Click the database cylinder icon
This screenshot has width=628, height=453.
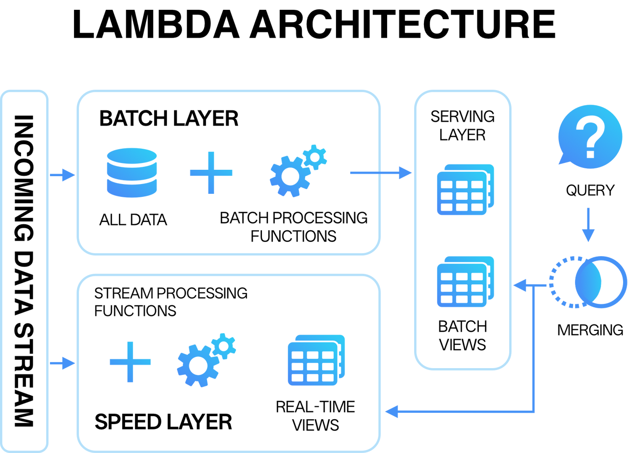coord(132,173)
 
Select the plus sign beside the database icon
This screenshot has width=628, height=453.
coord(211,173)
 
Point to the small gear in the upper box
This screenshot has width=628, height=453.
coord(315,157)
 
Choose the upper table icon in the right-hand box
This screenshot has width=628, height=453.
coord(464,190)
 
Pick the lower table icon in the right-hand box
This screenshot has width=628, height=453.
coord(464,282)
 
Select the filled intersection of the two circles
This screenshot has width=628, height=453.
coord(588,282)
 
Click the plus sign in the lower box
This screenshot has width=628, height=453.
coord(130,362)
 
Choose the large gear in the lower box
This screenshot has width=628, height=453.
coord(197,366)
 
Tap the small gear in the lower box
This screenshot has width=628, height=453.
coord(224,346)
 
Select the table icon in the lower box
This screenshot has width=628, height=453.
coord(315,360)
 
